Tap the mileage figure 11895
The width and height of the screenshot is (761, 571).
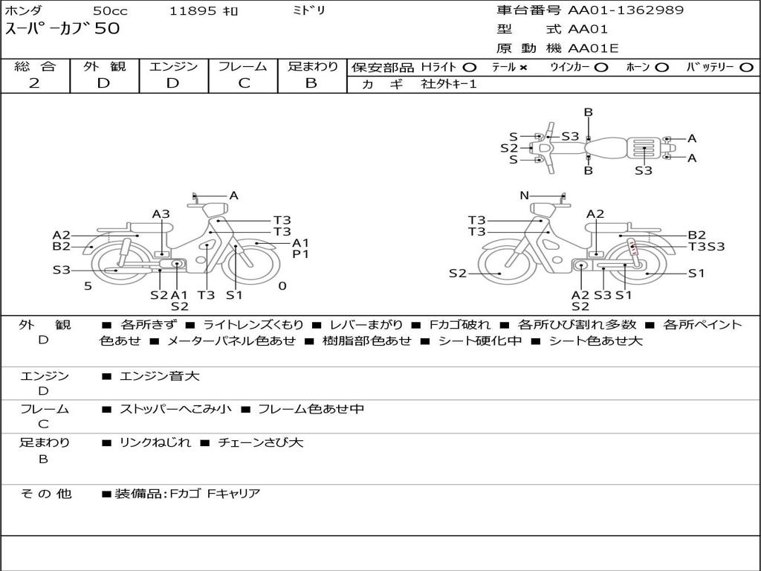(193, 11)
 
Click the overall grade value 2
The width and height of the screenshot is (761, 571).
(34, 83)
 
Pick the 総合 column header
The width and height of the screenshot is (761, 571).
(35, 66)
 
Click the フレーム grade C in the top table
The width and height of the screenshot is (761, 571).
(244, 83)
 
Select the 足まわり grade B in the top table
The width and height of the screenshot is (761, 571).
(311, 83)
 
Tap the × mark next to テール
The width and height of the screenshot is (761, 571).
(523, 67)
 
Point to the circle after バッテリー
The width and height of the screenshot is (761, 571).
(745, 67)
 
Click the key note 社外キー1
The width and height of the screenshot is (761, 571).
(449, 84)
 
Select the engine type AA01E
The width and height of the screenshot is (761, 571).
(594, 49)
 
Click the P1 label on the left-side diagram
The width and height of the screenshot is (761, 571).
(300, 254)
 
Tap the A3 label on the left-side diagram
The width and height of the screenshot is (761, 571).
(161, 214)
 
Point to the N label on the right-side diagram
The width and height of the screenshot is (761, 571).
(524, 196)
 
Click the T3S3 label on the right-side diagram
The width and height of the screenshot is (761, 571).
(706, 247)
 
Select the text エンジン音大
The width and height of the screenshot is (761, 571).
(160, 377)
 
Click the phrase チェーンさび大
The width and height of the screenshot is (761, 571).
(261, 442)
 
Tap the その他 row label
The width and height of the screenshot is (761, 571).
(45, 494)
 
